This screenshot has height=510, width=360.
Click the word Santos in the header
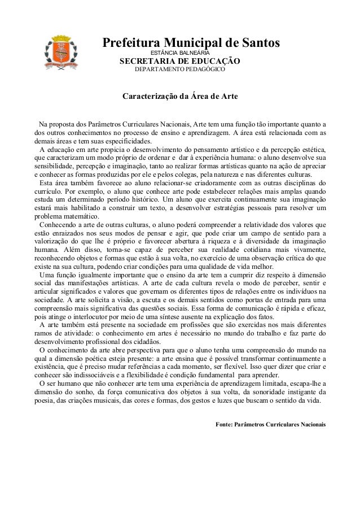click(x=257, y=43)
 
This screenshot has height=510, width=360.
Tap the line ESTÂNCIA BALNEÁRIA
click(x=179, y=53)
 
